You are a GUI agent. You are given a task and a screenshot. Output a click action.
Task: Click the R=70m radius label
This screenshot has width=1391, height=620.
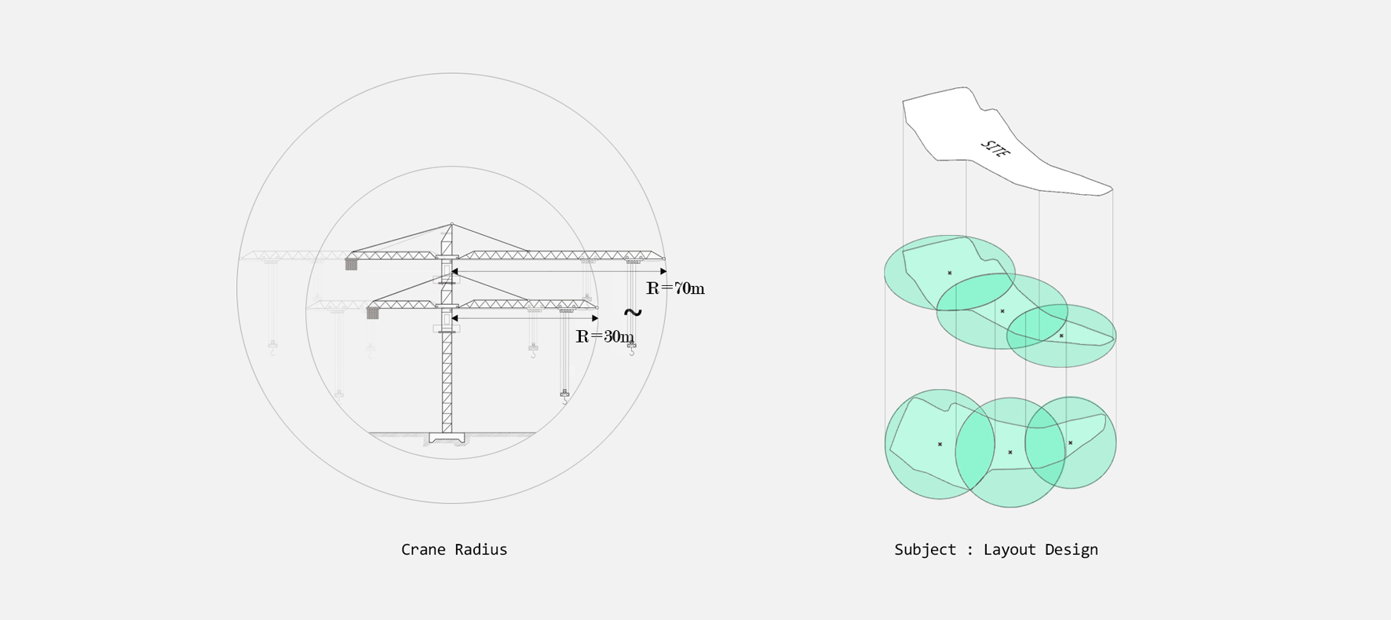[675, 288]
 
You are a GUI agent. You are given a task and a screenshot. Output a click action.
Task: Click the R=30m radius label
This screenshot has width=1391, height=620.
[604, 336]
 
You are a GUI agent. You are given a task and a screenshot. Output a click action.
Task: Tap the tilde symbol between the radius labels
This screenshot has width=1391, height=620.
[633, 313]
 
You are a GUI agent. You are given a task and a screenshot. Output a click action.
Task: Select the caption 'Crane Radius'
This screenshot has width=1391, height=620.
[454, 549]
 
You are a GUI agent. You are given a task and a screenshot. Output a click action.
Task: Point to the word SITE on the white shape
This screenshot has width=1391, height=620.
[995, 149]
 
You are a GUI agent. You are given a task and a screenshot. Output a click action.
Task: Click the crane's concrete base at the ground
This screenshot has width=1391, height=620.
[447, 438]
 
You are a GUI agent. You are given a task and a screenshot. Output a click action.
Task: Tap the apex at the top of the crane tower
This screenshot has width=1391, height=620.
[451, 225]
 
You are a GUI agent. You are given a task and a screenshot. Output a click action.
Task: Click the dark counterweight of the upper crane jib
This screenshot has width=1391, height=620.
[351, 264]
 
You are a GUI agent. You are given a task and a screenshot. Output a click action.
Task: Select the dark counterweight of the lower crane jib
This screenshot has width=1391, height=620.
[373, 313]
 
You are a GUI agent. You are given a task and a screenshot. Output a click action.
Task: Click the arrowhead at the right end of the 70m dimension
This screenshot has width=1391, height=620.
[663, 271]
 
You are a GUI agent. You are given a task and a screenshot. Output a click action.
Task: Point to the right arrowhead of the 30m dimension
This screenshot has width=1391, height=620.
[595, 318]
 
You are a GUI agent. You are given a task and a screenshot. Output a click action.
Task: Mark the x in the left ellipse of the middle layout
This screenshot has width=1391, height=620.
[950, 273]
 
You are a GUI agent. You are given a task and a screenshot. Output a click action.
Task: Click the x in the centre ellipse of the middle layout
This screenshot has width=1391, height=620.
[1002, 311]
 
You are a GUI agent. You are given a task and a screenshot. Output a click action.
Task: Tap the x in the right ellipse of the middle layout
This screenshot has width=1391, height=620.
[1061, 336]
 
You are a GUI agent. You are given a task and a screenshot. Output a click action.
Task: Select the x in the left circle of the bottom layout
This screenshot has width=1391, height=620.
[940, 445]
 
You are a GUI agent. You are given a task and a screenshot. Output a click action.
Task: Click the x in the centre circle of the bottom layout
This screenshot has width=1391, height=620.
[1010, 453]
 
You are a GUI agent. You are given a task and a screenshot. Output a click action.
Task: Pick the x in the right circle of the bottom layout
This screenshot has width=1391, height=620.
[1071, 443]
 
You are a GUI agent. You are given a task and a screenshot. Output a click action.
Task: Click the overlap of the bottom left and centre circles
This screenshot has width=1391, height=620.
[975, 448]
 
